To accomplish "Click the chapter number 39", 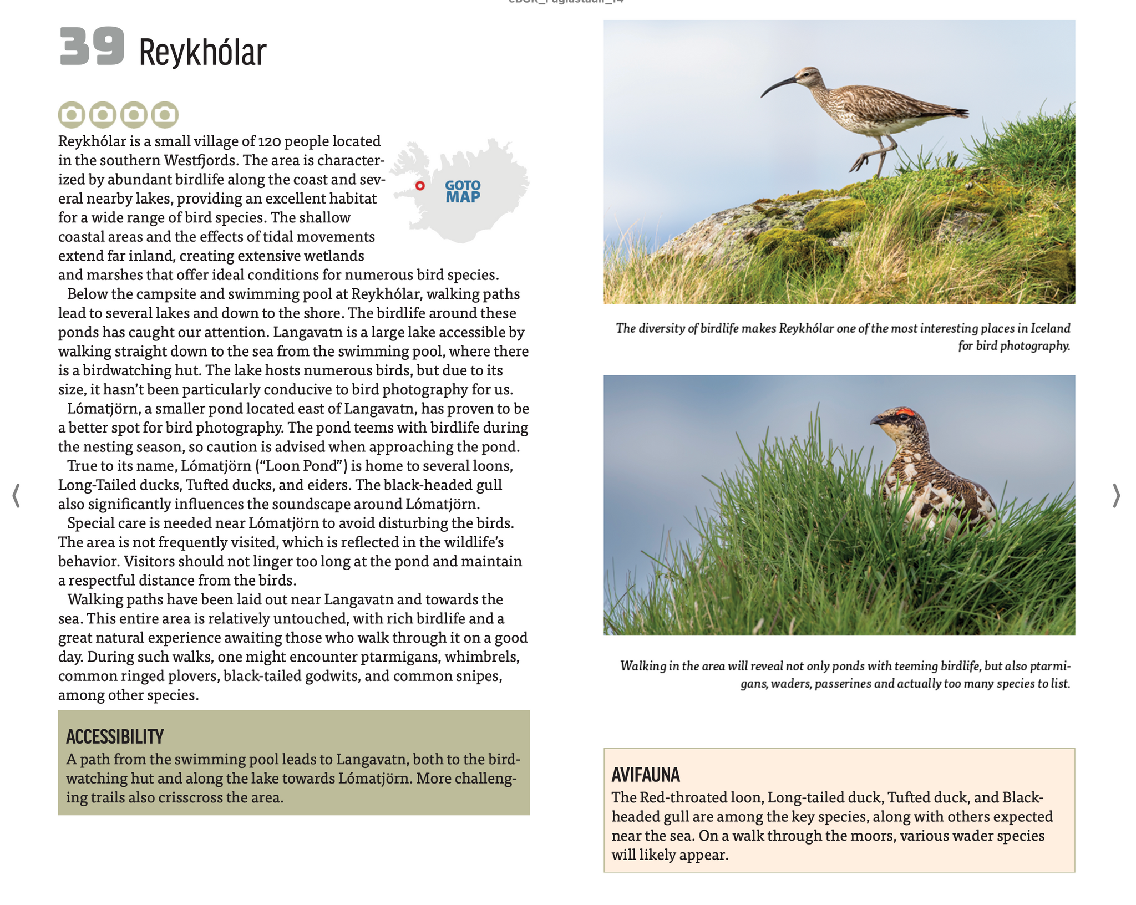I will click(92, 47).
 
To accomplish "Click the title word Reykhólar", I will click(202, 53).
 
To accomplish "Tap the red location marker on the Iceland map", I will click(420, 186).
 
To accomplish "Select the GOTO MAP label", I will click(463, 192).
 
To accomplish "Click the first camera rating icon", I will click(72, 115).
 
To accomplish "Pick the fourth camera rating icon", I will click(165, 115).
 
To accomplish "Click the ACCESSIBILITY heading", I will click(115, 736).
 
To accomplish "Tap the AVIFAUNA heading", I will click(646, 775).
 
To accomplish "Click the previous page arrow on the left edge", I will click(16, 495).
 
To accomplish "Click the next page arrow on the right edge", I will click(1116, 495).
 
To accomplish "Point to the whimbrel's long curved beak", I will click(777, 87).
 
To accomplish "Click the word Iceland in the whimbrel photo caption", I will click(1050, 328).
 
